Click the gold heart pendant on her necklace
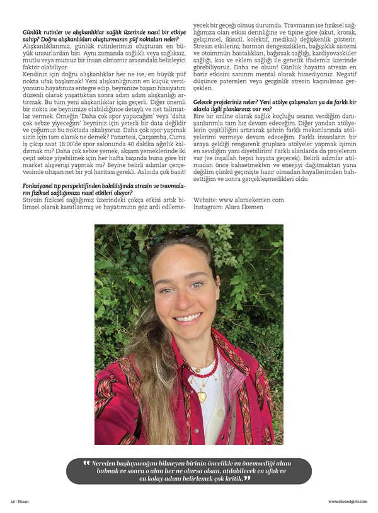coord(202,396)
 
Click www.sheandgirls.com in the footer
coord(348,501)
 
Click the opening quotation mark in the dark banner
coord(86,463)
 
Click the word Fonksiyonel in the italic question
coord(42,185)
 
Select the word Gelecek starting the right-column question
coord(207,101)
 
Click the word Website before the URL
coord(205,199)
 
